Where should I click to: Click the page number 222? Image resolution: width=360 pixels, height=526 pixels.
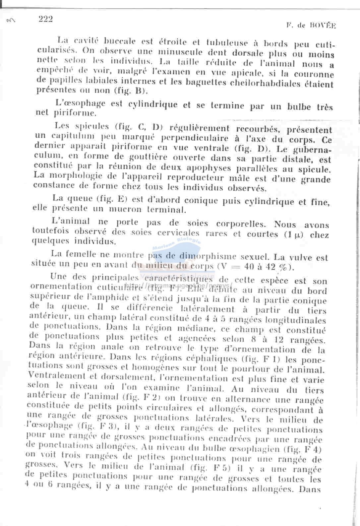45,19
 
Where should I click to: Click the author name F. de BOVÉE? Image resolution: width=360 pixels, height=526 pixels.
311,25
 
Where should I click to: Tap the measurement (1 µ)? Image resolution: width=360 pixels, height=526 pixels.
295,234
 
